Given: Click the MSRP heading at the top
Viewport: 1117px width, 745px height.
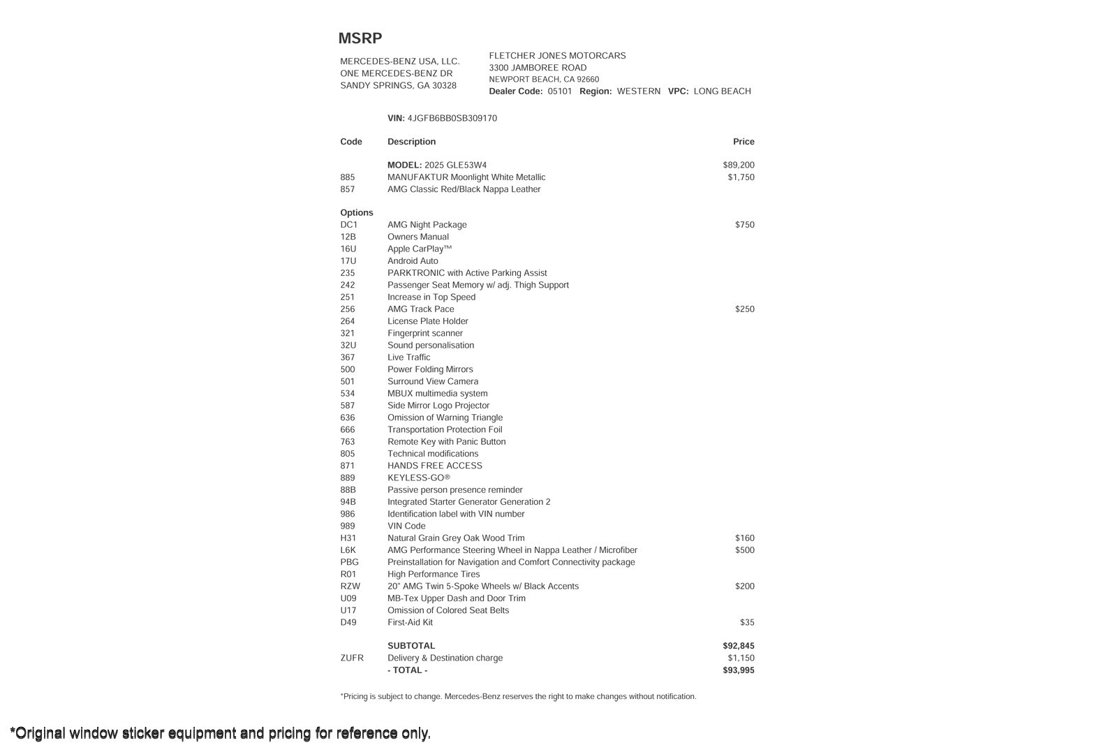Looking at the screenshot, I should [x=360, y=38].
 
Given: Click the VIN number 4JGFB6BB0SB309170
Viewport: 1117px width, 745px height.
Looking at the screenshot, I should [x=452, y=119].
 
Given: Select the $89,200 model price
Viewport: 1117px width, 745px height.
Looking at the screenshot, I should [x=739, y=165].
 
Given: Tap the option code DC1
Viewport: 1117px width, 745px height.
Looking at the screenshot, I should [x=348, y=225].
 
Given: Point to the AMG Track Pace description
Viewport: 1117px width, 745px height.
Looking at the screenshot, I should [x=420, y=309].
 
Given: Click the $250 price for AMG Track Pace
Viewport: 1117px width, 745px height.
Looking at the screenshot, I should [x=744, y=309].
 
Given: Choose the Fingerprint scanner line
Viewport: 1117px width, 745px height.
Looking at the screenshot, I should [x=424, y=334].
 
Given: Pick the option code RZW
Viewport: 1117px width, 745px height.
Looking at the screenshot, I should [x=350, y=587].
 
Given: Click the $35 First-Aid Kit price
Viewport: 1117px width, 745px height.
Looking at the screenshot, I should [x=747, y=623].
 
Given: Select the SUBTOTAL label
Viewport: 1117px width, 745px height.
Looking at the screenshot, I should [x=411, y=647].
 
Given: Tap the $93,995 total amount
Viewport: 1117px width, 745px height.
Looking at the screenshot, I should [x=739, y=670].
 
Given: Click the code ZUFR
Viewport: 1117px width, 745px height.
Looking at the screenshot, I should [x=352, y=658].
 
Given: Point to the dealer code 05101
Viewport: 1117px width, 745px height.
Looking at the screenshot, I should [x=559, y=91].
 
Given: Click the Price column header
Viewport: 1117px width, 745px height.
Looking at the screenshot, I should [x=744, y=142].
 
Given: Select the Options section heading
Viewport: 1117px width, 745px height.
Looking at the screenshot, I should [x=357, y=213].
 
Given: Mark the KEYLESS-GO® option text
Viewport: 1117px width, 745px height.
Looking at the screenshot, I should [x=419, y=478].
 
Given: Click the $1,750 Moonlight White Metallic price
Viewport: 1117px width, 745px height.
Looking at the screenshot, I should [x=741, y=177].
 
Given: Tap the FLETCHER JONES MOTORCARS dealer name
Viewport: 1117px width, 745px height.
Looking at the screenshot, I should [x=557, y=56].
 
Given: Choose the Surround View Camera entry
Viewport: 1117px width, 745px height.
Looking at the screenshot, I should [x=433, y=382].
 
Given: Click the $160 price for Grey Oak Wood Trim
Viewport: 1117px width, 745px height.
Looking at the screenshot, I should [x=744, y=538].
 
